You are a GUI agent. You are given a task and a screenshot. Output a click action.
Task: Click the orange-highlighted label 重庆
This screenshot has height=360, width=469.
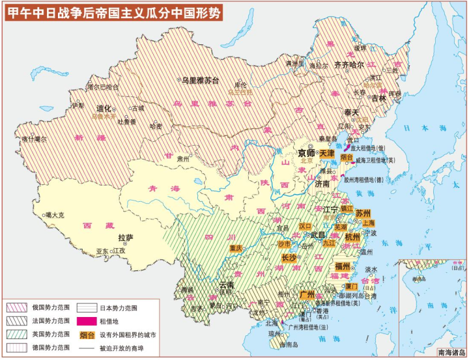(x=236, y=248)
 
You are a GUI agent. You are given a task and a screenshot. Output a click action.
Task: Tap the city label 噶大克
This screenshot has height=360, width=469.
(x=55, y=215)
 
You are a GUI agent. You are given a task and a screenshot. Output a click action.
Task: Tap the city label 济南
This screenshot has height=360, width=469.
(x=322, y=184)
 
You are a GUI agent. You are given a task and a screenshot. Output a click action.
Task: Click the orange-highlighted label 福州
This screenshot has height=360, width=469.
(x=343, y=266)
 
